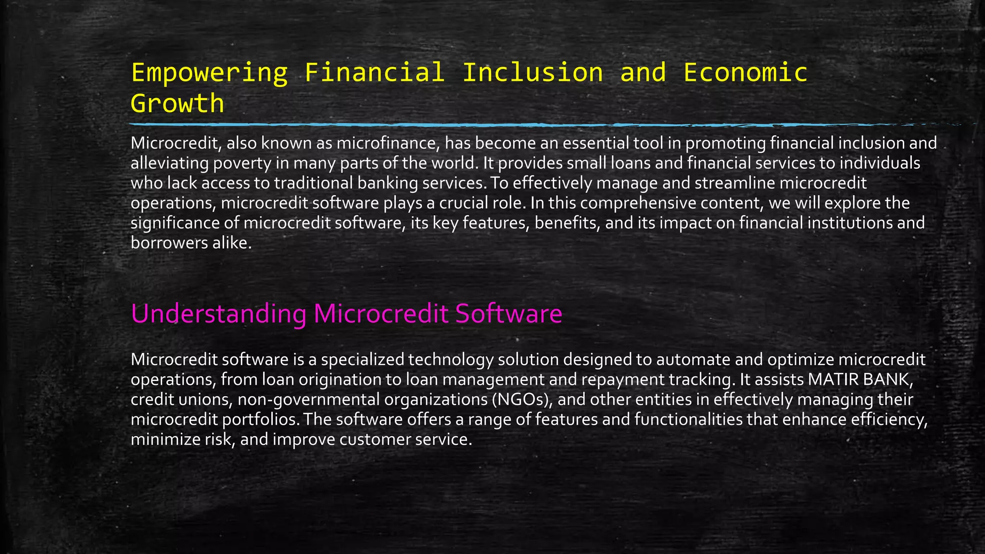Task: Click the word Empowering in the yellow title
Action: pyautogui.click(x=209, y=73)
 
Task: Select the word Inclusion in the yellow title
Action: pyautogui.click(x=532, y=73)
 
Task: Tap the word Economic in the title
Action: pyautogui.click(x=745, y=73)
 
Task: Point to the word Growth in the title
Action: pyautogui.click(x=177, y=103)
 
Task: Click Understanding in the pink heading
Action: pyautogui.click(x=218, y=314)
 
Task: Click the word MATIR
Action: pyautogui.click(x=833, y=379)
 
